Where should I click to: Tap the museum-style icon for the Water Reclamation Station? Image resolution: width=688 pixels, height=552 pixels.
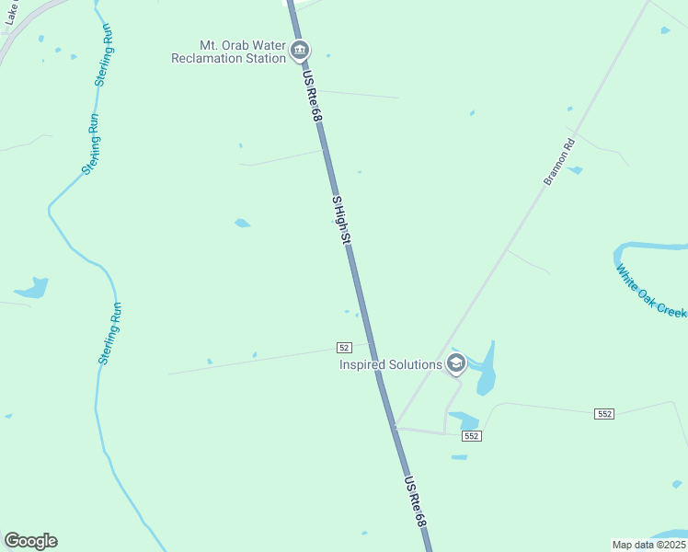point(299,51)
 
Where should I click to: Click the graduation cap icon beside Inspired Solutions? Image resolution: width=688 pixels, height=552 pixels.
point(455,364)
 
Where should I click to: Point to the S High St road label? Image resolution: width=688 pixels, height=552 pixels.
point(341,220)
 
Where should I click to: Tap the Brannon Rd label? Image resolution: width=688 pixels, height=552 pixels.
point(558,162)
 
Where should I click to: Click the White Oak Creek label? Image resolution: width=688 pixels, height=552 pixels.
point(651,293)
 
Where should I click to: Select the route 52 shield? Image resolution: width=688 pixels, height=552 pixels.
point(343,347)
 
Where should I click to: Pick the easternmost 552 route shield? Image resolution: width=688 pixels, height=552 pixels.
point(603,415)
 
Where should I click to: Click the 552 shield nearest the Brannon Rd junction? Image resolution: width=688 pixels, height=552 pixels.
point(471,435)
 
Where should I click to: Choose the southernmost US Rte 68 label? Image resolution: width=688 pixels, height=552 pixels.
point(417,500)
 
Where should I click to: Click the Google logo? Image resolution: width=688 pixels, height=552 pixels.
point(30,541)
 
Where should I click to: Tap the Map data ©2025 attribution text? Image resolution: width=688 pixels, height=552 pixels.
point(648,545)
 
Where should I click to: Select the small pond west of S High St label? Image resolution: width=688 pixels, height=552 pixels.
point(242,223)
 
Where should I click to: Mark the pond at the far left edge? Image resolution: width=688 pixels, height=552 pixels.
point(33,289)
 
